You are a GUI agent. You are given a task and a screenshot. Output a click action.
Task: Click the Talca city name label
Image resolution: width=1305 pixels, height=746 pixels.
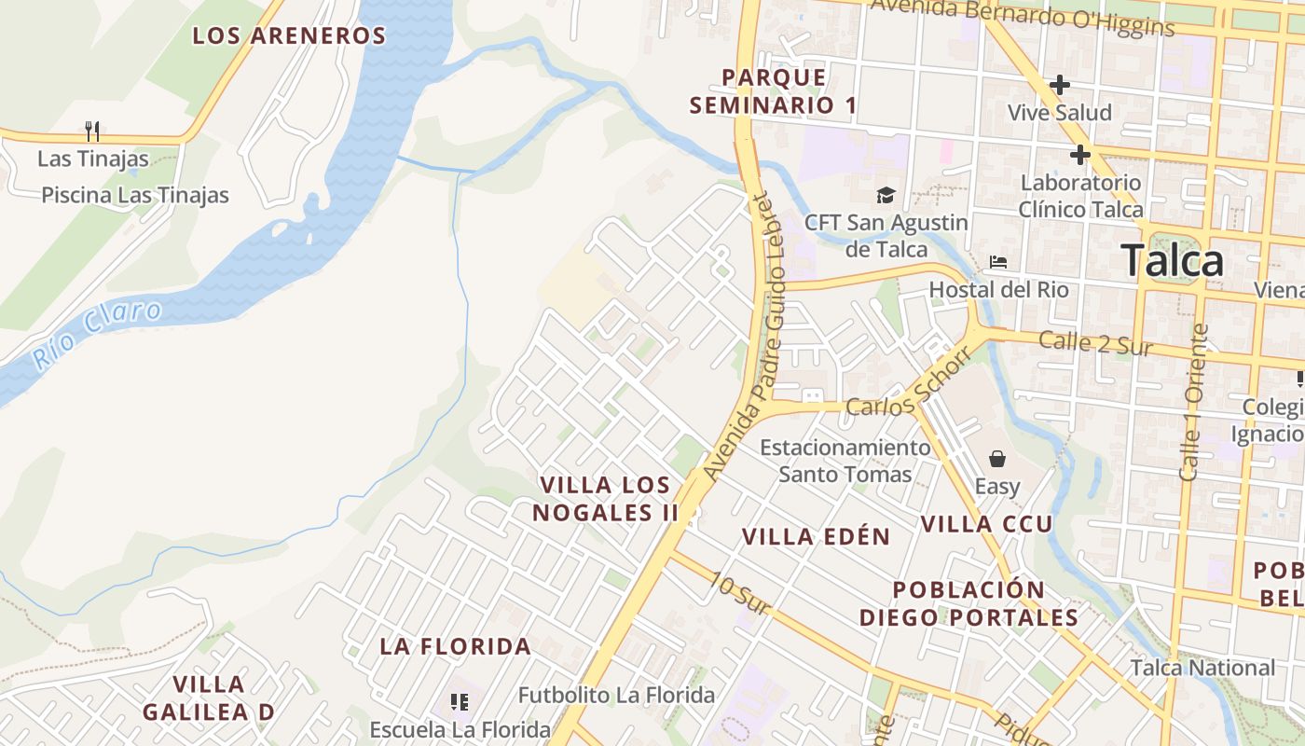coord(1172,260)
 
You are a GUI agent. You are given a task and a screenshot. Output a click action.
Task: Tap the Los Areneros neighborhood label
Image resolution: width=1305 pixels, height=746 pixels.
coord(289,36)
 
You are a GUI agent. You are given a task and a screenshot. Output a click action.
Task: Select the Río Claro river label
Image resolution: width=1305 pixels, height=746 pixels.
coord(97,333)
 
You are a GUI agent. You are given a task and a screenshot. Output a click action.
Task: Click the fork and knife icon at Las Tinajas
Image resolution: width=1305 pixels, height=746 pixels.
coord(91,131)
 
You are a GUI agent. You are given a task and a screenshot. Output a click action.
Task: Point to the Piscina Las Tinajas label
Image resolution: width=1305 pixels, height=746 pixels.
coord(135,195)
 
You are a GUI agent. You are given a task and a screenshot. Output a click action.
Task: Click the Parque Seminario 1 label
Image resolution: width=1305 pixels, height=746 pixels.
coord(774,91)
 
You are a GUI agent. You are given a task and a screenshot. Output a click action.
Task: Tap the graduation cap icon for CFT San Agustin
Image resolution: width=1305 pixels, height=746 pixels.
coord(885,195)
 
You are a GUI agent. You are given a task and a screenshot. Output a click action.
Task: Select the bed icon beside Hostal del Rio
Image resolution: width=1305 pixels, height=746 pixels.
coord(998,262)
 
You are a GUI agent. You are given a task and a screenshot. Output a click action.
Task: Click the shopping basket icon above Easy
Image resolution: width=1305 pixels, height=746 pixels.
coord(997,459)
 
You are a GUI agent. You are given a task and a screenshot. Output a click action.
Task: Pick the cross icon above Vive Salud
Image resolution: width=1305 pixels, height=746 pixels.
coord(1059,85)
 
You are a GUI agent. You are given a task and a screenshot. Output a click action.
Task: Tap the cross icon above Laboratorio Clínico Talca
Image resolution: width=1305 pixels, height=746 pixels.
coord(1080,154)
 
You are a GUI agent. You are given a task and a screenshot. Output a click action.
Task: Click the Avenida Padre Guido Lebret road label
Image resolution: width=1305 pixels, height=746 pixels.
coord(755,336)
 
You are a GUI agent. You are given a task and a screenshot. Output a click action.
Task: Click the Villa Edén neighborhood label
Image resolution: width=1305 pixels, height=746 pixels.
coord(817,536)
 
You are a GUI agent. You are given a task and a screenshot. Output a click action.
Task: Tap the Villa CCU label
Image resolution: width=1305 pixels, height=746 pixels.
coord(986,524)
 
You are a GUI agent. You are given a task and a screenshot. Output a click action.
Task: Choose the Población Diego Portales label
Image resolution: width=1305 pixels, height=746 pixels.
coord(968,603)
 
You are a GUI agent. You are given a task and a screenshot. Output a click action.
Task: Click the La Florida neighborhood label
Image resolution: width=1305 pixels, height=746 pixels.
coord(455,646)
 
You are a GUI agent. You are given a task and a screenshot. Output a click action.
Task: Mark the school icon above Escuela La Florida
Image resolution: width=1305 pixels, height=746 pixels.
coord(458,701)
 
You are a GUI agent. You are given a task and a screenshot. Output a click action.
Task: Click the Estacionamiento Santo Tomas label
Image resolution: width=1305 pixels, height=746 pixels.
coord(845,461)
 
